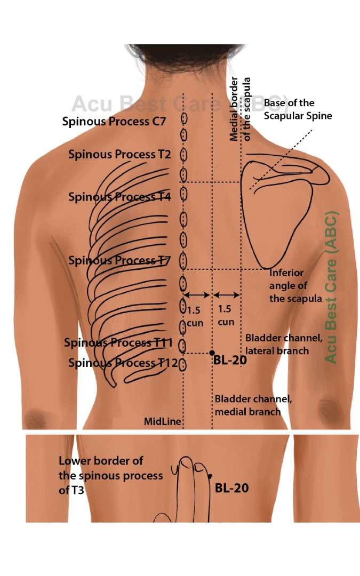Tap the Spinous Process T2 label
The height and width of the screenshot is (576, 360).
pyautogui.click(x=119, y=155)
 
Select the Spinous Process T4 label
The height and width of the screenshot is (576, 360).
pyautogui.click(x=119, y=197)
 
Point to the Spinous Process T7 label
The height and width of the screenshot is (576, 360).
pyautogui.click(x=119, y=261)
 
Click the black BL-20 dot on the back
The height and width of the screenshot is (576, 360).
pyautogui.click(x=212, y=353)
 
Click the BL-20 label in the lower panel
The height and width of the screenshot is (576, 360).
pyautogui.click(x=231, y=487)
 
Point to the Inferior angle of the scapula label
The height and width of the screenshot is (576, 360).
pyautogui.click(x=295, y=286)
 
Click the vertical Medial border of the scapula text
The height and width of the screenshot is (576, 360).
pyautogui.click(x=240, y=109)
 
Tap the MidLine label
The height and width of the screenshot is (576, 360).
pyautogui.click(x=163, y=422)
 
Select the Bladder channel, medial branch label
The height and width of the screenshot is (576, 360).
pyautogui.click(x=247, y=405)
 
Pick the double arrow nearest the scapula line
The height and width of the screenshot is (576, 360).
pyautogui.click(x=226, y=295)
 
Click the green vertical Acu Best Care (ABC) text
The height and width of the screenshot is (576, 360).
pyautogui.click(x=331, y=288)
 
